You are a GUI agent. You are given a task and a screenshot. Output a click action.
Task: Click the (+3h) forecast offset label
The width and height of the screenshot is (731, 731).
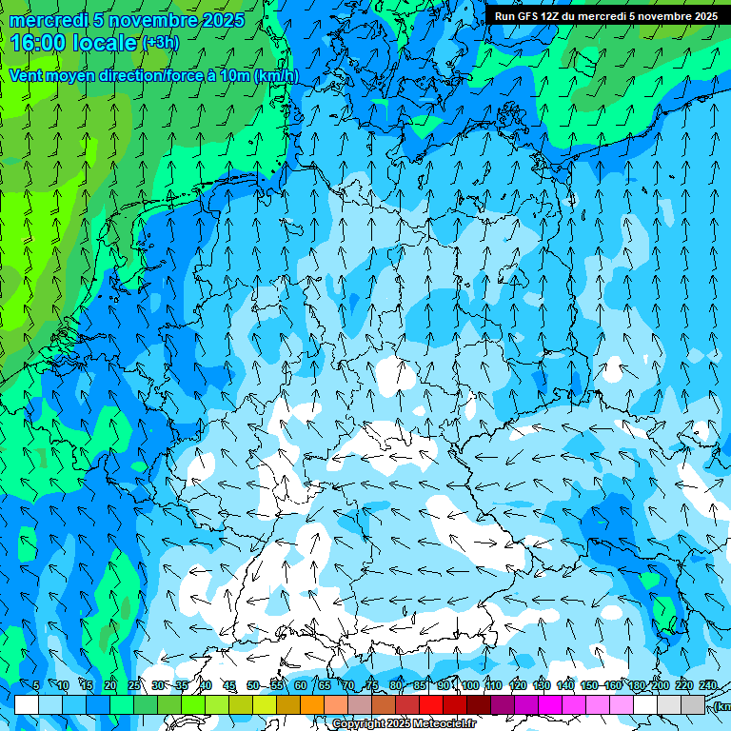point(160,43)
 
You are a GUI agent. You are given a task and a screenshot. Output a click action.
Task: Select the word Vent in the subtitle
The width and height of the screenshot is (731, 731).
point(26,76)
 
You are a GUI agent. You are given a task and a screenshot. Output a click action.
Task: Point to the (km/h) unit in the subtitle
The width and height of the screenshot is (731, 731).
point(276,76)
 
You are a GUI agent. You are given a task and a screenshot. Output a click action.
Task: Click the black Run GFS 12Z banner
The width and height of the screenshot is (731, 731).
point(606,16)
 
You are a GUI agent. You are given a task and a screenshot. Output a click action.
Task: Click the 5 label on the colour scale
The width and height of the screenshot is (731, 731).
point(36,685)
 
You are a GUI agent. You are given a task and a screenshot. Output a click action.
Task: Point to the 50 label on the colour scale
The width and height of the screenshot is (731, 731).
point(252,685)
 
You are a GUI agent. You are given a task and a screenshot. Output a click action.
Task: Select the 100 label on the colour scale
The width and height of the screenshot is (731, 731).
point(470,685)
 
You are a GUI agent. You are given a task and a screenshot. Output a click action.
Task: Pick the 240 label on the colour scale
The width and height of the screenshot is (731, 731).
point(708,685)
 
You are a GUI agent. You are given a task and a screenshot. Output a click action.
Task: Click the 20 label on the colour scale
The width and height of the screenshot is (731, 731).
point(110,685)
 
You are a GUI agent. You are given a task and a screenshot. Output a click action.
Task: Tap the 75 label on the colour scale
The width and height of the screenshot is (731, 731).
point(371,685)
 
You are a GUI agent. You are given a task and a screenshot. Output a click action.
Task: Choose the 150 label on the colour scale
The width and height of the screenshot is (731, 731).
point(589,685)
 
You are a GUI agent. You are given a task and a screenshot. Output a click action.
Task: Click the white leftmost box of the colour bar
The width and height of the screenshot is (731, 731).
point(27,704)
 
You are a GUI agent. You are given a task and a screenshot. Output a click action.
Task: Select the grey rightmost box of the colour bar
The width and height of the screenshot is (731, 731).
point(693,704)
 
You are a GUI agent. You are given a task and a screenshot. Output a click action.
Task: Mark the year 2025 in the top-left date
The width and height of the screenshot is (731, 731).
point(223,20)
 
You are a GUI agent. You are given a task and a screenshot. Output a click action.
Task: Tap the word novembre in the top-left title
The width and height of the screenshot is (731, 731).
point(152,20)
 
